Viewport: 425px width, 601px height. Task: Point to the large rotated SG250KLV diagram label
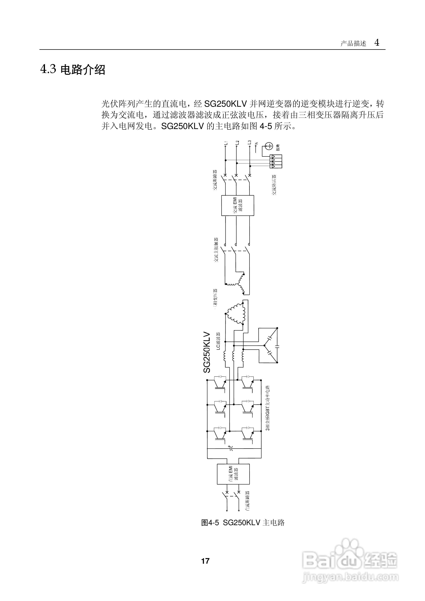click(207, 352)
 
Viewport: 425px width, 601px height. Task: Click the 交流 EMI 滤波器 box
click(238, 206)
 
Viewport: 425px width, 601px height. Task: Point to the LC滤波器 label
click(218, 341)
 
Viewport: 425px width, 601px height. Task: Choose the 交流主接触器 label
click(216, 250)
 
